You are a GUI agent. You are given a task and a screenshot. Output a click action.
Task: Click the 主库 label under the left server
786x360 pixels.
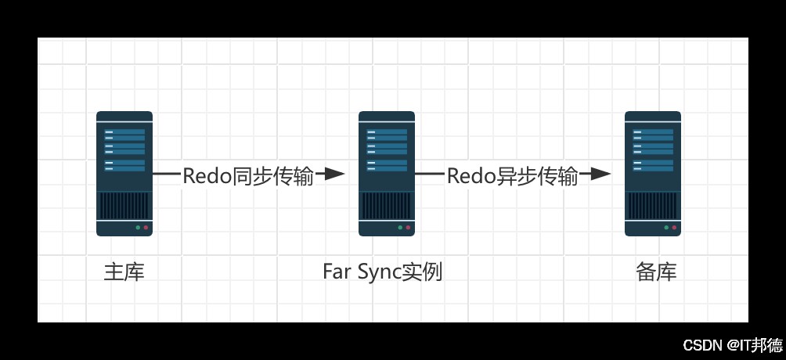124,272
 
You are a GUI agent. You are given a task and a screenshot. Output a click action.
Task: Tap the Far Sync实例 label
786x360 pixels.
382,272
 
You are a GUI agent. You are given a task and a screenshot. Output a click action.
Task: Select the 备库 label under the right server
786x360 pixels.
656,272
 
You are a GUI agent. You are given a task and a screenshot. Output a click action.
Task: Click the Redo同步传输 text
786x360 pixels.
247,176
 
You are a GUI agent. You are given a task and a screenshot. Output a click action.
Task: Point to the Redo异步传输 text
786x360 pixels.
512,176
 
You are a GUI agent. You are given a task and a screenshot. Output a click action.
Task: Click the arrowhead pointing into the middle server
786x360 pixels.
334,174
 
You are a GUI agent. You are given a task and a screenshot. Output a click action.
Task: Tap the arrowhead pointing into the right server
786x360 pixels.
600,174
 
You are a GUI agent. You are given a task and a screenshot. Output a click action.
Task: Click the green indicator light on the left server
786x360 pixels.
138,228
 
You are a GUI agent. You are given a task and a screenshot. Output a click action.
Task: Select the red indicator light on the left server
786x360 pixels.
146,228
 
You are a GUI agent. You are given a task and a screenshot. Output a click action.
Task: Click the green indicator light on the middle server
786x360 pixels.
400,228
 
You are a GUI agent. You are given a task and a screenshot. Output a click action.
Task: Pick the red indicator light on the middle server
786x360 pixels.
408,228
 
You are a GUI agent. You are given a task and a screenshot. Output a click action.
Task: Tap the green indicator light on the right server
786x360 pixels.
666,228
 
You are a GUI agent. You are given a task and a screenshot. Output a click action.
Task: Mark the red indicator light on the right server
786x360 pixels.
674,228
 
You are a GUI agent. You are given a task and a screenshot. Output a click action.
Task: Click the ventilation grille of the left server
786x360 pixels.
124,206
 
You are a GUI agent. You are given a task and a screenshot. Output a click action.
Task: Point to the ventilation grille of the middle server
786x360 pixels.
387,206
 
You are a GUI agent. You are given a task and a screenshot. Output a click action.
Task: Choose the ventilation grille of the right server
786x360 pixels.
653,206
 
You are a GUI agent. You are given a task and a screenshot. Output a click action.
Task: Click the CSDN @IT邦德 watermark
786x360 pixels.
732,344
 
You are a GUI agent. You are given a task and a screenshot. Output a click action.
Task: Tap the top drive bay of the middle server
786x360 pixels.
387,132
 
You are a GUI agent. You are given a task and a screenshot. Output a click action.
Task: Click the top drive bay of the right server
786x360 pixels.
653,132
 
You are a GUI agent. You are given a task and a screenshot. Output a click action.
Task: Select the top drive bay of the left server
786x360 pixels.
124,132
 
